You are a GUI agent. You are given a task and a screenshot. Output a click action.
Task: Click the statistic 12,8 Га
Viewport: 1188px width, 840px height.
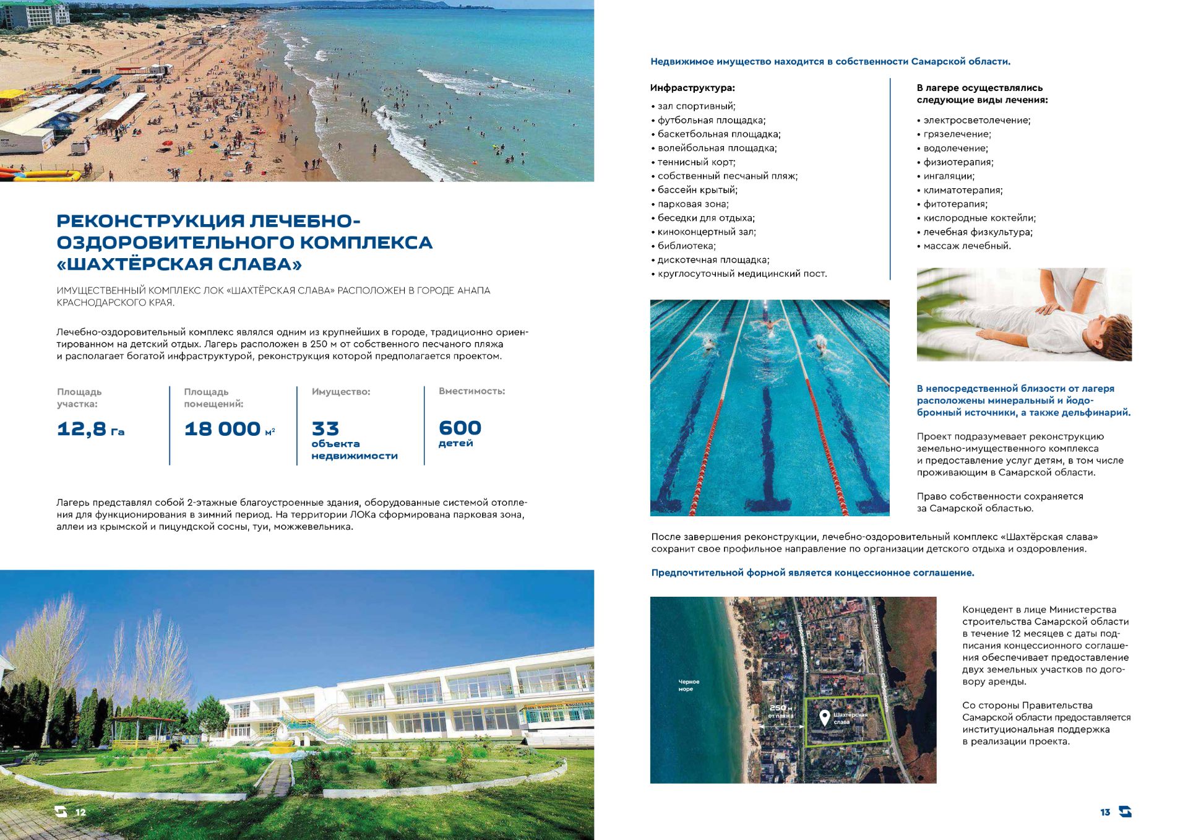click(x=90, y=428)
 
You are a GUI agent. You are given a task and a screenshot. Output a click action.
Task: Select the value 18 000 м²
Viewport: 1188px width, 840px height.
click(x=229, y=428)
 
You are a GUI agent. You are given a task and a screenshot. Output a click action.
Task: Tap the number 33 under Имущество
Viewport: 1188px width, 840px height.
click(x=325, y=428)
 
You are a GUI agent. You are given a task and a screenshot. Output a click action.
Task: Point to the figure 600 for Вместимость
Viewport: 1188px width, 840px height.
click(x=460, y=428)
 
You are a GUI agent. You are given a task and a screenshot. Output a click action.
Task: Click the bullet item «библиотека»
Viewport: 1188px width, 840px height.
click(x=686, y=246)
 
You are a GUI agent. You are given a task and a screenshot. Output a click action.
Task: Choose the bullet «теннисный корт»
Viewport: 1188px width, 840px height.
click(x=696, y=162)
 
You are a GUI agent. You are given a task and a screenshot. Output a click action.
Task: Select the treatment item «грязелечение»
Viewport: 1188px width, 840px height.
click(x=957, y=134)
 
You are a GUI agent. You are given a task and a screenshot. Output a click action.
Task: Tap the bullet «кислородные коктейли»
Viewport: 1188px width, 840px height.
click(x=979, y=218)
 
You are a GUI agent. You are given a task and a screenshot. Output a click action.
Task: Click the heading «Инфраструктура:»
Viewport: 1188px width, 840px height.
click(x=692, y=88)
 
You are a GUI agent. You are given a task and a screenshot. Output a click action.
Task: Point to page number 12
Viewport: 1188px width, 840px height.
click(x=80, y=812)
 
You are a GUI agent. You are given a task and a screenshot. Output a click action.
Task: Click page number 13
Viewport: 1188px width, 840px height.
click(x=1105, y=812)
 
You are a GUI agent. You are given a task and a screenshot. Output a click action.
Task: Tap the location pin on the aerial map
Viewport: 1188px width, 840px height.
click(x=824, y=717)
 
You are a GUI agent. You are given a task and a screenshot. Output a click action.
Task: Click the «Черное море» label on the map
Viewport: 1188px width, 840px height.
click(x=688, y=685)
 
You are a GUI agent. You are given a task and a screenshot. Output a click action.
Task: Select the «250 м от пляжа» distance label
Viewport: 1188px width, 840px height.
click(x=780, y=711)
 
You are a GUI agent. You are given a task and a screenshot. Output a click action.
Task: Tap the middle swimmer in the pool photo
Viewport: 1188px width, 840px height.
click(x=769, y=324)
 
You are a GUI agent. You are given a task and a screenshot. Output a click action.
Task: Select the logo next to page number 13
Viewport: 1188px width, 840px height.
click(x=1125, y=812)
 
